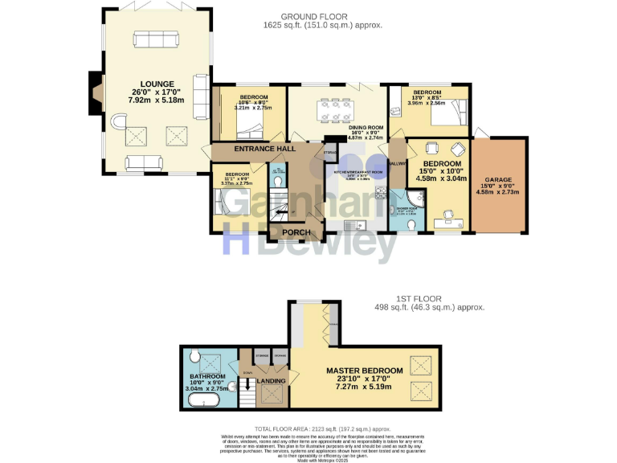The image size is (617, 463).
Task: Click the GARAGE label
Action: point(497,179)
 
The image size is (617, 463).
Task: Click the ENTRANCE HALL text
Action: point(254,149)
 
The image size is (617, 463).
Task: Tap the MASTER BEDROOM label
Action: point(364,371)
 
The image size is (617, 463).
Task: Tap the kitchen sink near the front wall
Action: point(352,224)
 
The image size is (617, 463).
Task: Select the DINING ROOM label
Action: point(366,128)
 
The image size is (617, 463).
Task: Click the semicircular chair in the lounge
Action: point(118,125)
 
